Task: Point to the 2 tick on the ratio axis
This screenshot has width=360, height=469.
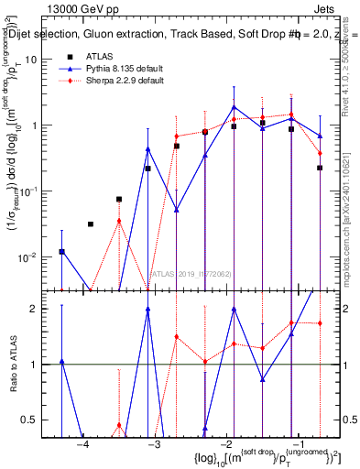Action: [x=42, y=309]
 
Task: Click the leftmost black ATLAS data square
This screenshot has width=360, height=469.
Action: [x=61, y=251]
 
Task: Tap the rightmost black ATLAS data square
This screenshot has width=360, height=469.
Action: [x=320, y=168]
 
